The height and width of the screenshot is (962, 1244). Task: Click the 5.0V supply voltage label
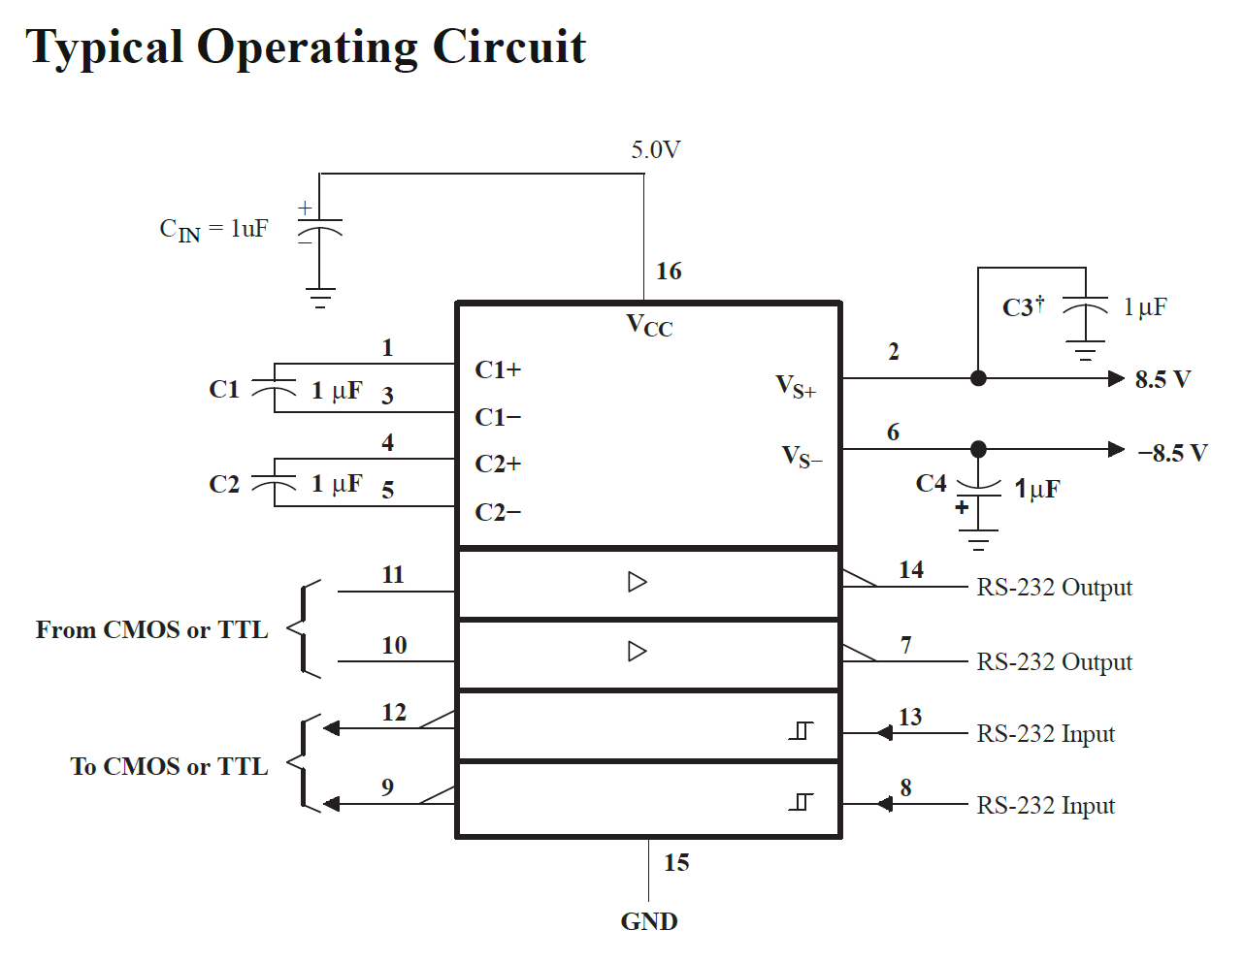(656, 150)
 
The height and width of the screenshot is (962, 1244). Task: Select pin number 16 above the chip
(669, 272)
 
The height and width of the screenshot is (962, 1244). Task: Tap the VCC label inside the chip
(649, 326)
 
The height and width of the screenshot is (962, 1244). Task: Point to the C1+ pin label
(498, 369)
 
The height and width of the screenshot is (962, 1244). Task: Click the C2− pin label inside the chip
(498, 512)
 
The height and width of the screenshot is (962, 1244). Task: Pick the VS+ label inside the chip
(796, 387)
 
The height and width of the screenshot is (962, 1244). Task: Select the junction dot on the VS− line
(978, 449)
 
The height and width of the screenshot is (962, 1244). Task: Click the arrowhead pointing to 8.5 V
(1116, 378)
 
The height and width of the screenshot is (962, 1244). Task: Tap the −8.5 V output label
(1173, 453)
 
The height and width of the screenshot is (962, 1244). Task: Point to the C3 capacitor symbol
(1086, 307)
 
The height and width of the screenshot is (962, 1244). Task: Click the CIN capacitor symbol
(319, 228)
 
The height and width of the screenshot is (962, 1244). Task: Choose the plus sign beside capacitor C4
(962, 507)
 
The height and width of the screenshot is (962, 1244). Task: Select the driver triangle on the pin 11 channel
(637, 582)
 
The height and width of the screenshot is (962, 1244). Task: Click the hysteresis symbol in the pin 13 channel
(801, 730)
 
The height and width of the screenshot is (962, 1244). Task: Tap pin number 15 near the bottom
(676, 862)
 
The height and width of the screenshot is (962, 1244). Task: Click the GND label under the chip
(649, 921)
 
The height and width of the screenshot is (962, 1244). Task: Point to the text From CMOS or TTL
(151, 629)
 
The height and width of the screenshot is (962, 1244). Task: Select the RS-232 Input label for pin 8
(1045, 805)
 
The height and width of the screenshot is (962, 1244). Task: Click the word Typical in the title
(104, 48)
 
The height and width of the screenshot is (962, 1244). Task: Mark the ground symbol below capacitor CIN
(320, 299)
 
